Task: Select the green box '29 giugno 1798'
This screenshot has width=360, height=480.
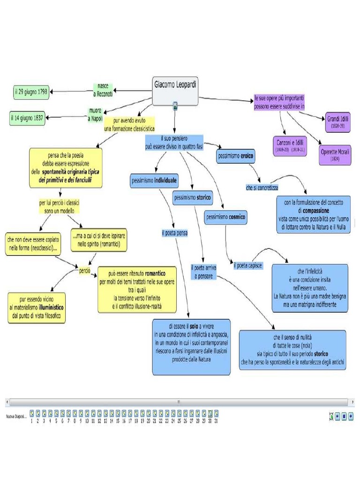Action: coord(31,92)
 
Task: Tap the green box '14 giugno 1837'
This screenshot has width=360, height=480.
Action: coord(27,118)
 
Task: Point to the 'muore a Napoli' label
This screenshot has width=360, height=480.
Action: coord(95,115)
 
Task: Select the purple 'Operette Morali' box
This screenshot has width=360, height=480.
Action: coord(335,155)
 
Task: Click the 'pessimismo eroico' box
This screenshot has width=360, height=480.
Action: coord(236,156)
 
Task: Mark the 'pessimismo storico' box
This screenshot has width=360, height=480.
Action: coord(192,198)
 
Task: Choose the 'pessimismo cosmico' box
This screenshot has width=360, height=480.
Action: coord(225,217)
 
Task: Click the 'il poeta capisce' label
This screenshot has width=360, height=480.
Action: coord(248,266)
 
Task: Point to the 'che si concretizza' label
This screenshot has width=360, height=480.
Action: coord(262,187)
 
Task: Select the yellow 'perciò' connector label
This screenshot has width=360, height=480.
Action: coord(84,271)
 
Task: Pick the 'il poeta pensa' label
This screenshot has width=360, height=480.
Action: coord(174,233)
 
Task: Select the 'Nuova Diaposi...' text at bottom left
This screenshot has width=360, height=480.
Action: coord(16,416)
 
